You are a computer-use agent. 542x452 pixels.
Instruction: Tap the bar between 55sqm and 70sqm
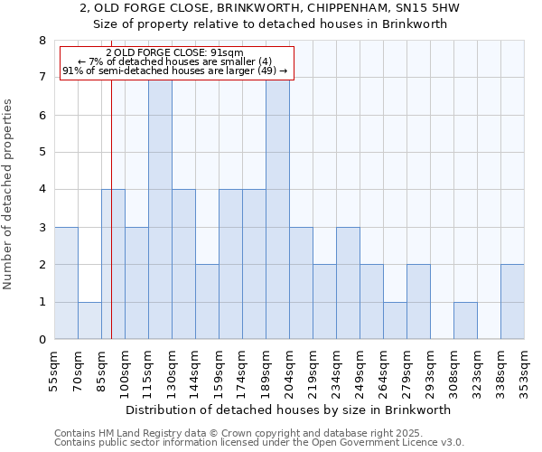pyautogui.click(x=66, y=283)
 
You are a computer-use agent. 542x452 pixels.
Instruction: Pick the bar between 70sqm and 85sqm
pyautogui.click(x=89, y=321)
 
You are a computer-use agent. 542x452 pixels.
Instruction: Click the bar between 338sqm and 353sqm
pyautogui.click(x=512, y=302)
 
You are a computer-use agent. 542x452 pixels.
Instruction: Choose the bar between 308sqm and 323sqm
pyautogui.click(x=465, y=321)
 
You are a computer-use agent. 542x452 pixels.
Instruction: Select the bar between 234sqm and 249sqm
pyautogui.click(x=348, y=283)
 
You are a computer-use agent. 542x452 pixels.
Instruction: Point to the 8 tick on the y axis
pyautogui.click(x=42, y=41)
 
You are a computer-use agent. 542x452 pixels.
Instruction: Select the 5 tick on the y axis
pyautogui.click(x=42, y=153)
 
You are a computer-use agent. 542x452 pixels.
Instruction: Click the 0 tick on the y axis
pyautogui.click(x=42, y=340)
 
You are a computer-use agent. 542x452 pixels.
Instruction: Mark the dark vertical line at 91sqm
pyautogui.click(x=111, y=226)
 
